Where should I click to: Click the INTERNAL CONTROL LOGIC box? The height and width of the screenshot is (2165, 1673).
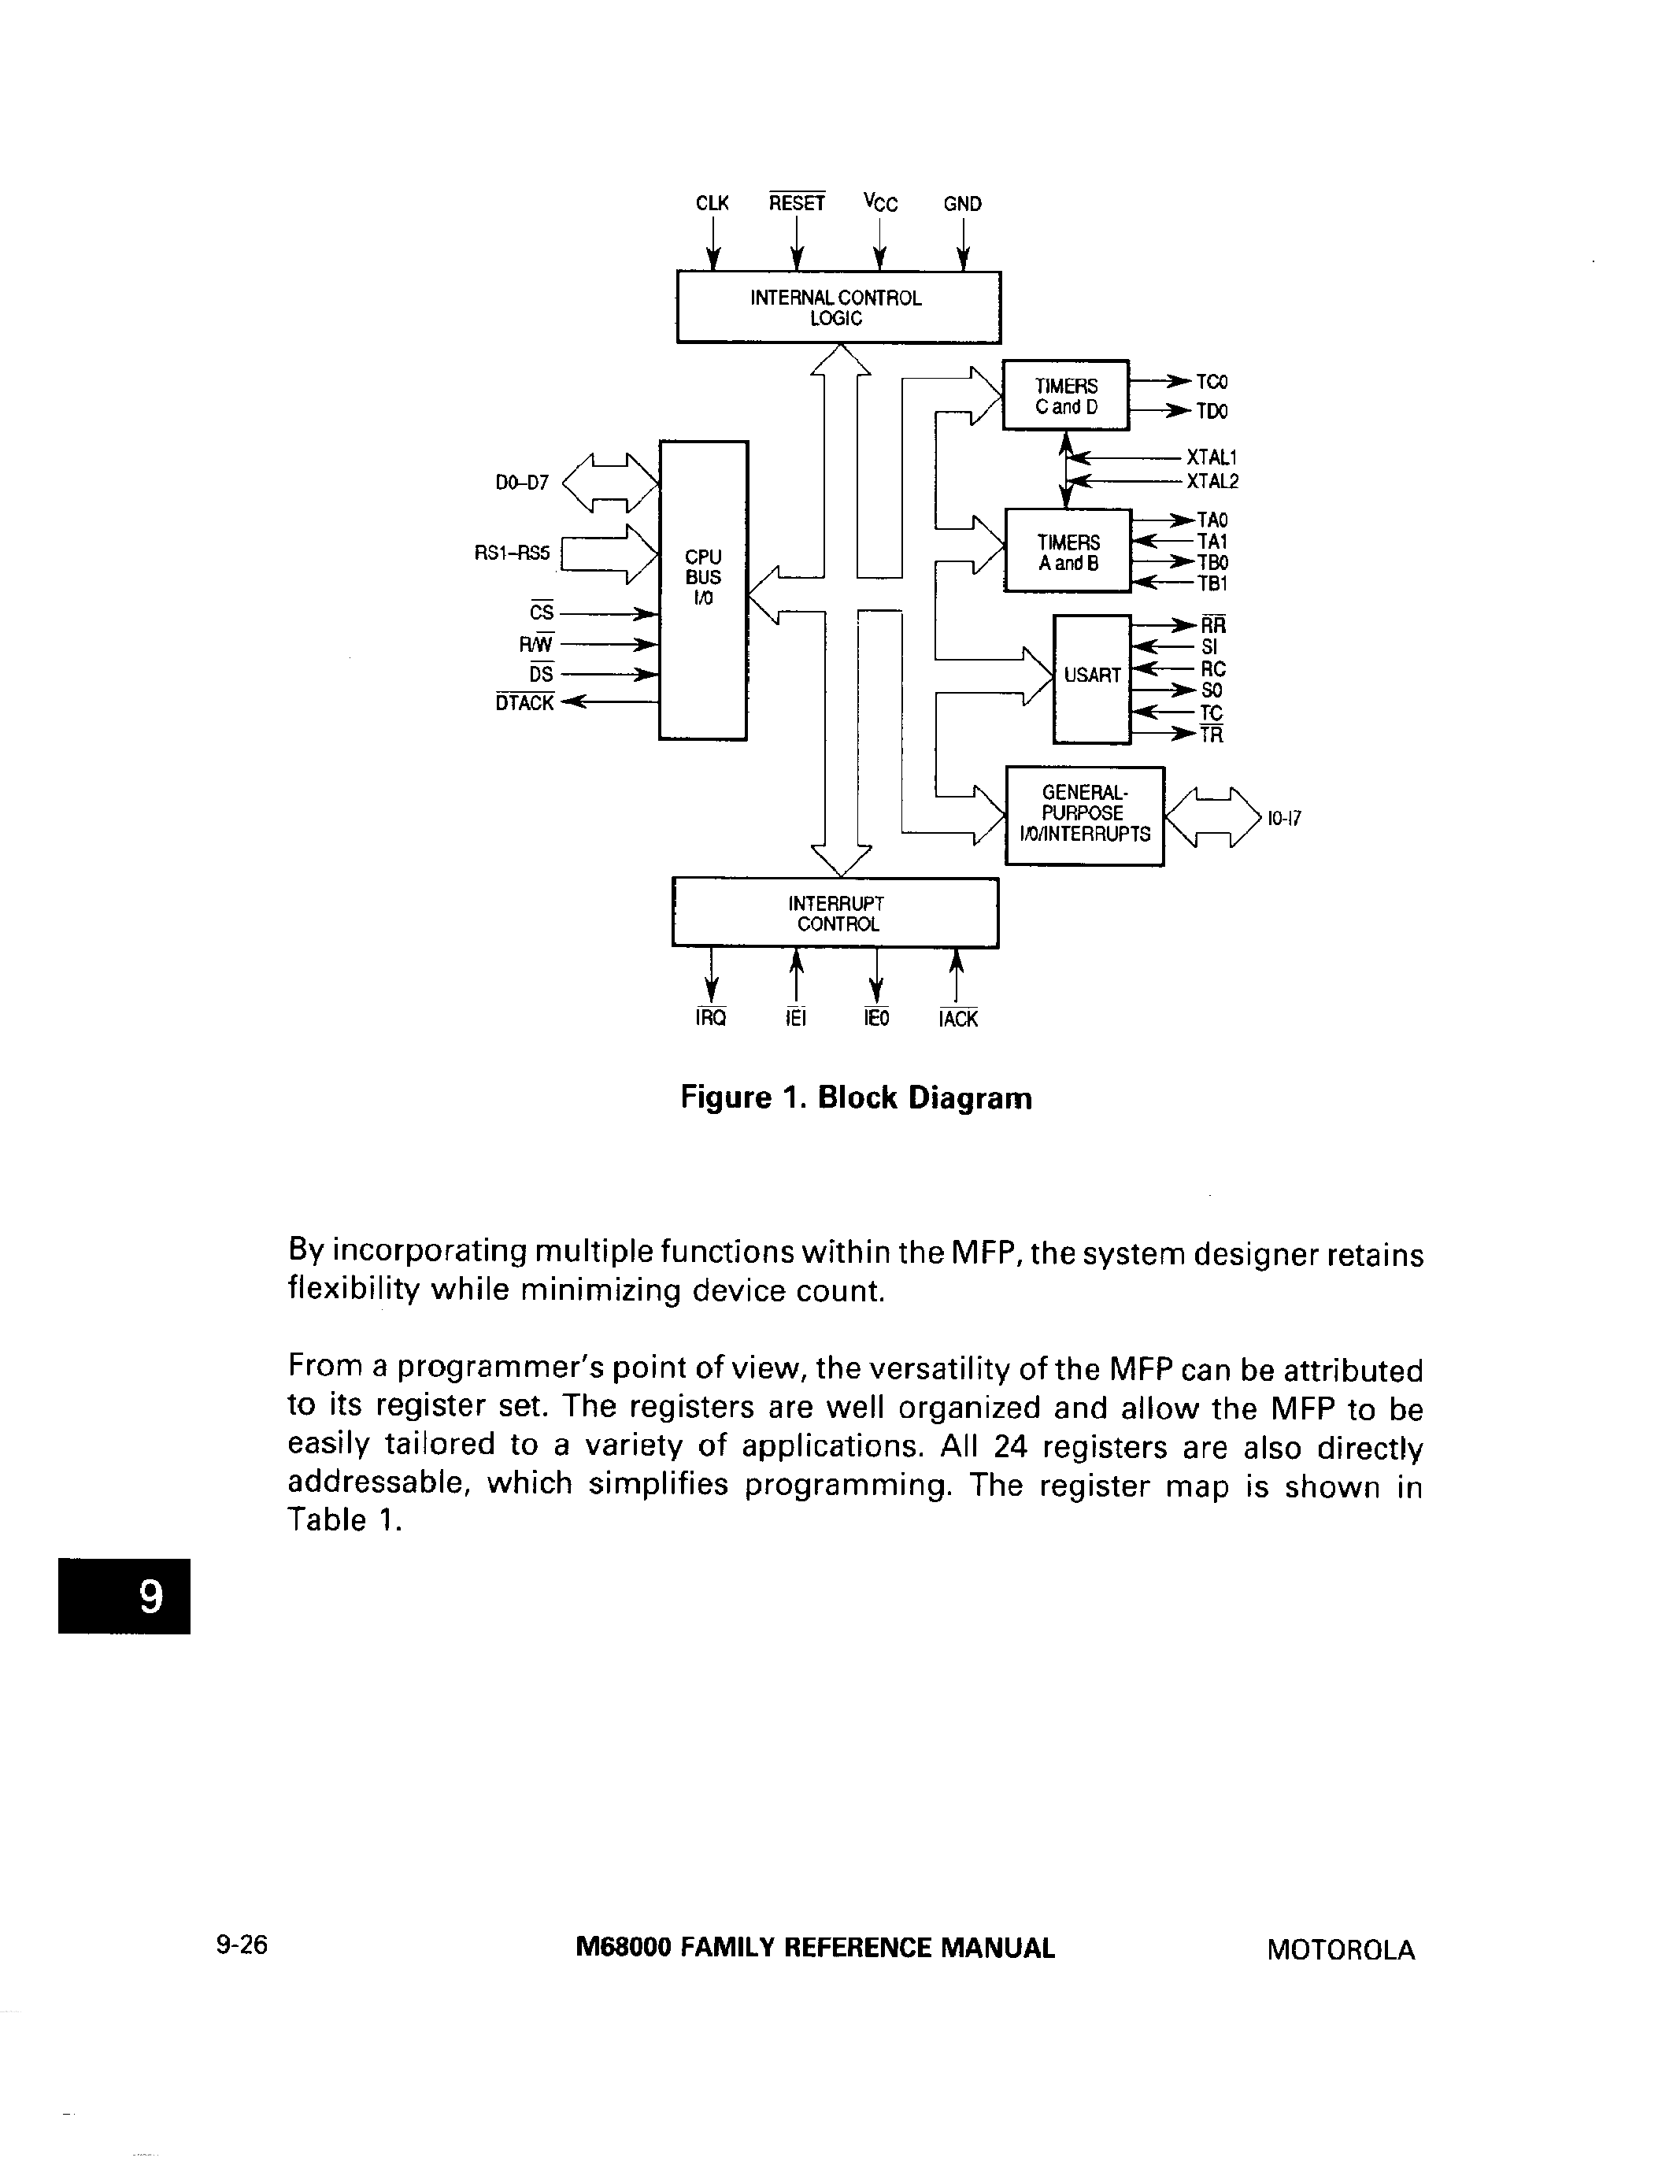click(838, 307)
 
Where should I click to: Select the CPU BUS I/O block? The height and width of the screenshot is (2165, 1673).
click(703, 590)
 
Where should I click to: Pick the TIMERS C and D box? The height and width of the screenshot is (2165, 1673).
click(1065, 395)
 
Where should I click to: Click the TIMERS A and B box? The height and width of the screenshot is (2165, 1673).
click(1068, 551)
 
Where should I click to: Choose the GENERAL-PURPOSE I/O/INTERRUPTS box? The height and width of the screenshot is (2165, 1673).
click(1084, 816)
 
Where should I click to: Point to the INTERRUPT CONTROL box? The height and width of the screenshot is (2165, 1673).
click(835, 913)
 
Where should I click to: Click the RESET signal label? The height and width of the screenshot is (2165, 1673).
click(797, 203)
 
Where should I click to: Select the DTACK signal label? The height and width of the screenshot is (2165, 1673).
click(524, 703)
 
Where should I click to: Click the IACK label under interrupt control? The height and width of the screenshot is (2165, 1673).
click(957, 1019)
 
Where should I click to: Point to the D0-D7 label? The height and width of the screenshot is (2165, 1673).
click(521, 483)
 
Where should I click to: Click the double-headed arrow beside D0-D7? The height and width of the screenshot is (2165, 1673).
click(609, 483)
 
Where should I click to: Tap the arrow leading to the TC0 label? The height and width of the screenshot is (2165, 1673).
click(1161, 381)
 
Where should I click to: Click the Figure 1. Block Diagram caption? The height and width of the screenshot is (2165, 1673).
click(857, 1098)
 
